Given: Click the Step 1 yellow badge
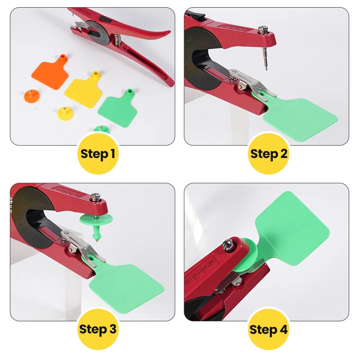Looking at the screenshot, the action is click(98, 153).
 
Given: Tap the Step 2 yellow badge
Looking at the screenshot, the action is click(269, 153).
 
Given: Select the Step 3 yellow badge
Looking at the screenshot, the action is click(98, 329).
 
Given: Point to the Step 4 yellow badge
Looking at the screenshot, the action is click(269, 329).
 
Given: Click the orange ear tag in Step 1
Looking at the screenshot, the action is click(50, 71).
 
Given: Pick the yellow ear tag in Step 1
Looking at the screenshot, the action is click(84, 89).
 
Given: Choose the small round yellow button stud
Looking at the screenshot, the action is click(64, 113).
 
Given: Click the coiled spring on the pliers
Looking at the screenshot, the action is click(117, 40).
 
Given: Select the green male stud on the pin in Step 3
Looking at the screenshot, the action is click(96, 225).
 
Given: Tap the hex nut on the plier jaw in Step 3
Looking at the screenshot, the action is click(95, 197).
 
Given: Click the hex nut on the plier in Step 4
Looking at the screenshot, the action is click(228, 244).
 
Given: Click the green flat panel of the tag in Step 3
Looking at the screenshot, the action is click(126, 285).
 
